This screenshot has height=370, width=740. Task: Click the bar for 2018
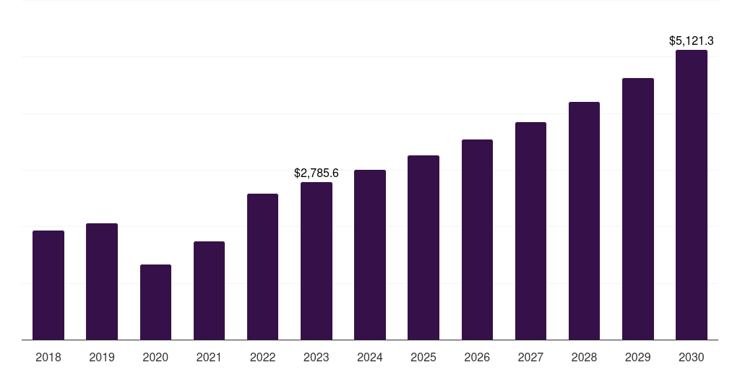pyautogui.click(x=48, y=285)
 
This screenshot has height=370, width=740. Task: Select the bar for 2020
pyautogui.click(x=155, y=302)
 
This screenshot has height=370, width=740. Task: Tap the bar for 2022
pyautogui.click(x=262, y=267)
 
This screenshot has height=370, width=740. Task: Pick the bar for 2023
pyautogui.click(x=317, y=261)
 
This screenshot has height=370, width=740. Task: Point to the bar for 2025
pyautogui.click(x=423, y=247)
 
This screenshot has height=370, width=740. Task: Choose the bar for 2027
pyautogui.click(x=530, y=231)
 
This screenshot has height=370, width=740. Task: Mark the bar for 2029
pyautogui.click(x=637, y=209)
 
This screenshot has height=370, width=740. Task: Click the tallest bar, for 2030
pyautogui.click(x=691, y=194)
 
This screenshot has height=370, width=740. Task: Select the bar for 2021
pyautogui.click(x=209, y=291)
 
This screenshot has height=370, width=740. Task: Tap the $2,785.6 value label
pyautogui.click(x=317, y=173)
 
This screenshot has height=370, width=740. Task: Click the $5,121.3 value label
pyautogui.click(x=691, y=41)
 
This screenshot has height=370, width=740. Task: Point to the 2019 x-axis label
pyautogui.click(x=102, y=357)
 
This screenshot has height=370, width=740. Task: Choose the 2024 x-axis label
pyautogui.click(x=370, y=357)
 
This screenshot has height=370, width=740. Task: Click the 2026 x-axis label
pyautogui.click(x=477, y=357)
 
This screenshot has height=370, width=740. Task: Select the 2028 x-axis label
pyautogui.click(x=584, y=357)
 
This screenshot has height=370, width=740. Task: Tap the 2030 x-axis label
pyautogui.click(x=691, y=357)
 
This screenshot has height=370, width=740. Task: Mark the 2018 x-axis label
pyautogui.click(x=48, y=357)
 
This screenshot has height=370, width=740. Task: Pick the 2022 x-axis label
pyautogui.click(x=262, y=357)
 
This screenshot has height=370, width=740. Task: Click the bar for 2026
pyautogui.click(x=477, y=239)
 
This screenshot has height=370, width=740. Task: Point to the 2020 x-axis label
pyautogui.click(x=155, y=357)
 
